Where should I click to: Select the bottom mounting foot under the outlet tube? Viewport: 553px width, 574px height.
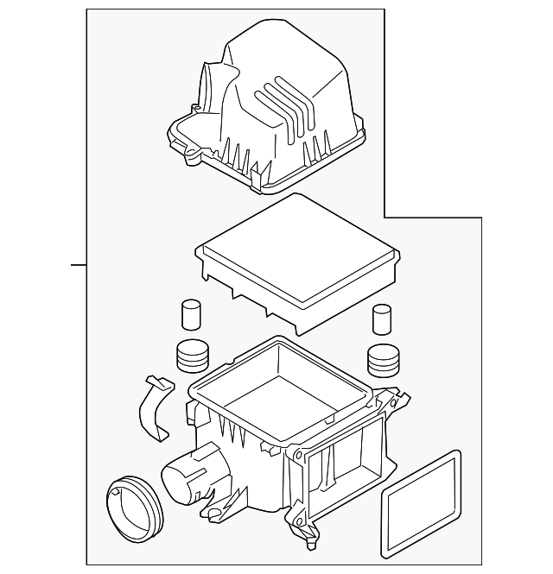[x=213, y=516]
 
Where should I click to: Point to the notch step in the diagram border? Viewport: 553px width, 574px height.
[x=385, y=217]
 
